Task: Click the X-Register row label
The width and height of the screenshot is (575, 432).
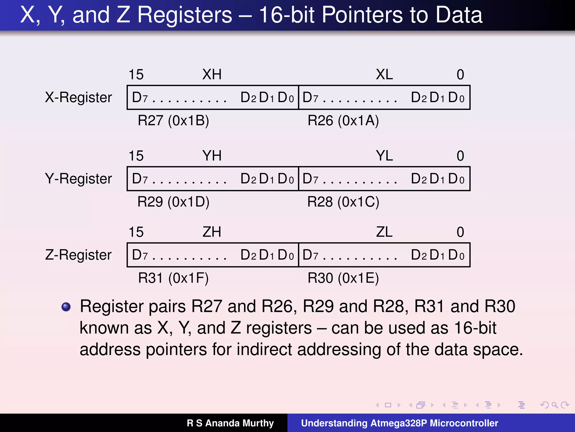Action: click(x=78, y=98)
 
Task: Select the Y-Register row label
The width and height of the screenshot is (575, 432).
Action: click(x=78, y=179)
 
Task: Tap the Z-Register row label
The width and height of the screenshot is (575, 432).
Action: click(x=78, y=255)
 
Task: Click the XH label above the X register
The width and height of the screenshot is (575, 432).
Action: click(x=212, y=75)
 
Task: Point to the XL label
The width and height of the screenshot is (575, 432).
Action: click(x=384, y=75)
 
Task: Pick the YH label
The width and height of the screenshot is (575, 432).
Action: click(x=212, y=156)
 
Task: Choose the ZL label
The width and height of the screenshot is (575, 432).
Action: click(x=384, y=232)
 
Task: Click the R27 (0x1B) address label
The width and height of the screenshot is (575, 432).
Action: click(x=173, y=121)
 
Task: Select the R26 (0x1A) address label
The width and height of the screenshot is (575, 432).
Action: click(x=343, y=121)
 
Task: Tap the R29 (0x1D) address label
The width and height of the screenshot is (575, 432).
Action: click(x=173, y=202)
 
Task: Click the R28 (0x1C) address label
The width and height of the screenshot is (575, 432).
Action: click(x=343, y=202)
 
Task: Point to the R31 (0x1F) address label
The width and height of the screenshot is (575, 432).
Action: click(x=173, y=278)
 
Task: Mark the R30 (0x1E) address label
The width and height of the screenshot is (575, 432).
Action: click(x=343, y=278)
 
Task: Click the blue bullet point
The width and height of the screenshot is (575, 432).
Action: click(x=66, y=307)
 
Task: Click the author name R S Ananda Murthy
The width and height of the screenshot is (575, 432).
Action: click(x=230, y=423)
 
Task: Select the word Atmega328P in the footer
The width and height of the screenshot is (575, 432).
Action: click(x=398, y=423)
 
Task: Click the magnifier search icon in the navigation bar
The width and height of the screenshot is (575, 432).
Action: click(x=555, y=405)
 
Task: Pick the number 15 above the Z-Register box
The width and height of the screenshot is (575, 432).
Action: click(x=136, y=232)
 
